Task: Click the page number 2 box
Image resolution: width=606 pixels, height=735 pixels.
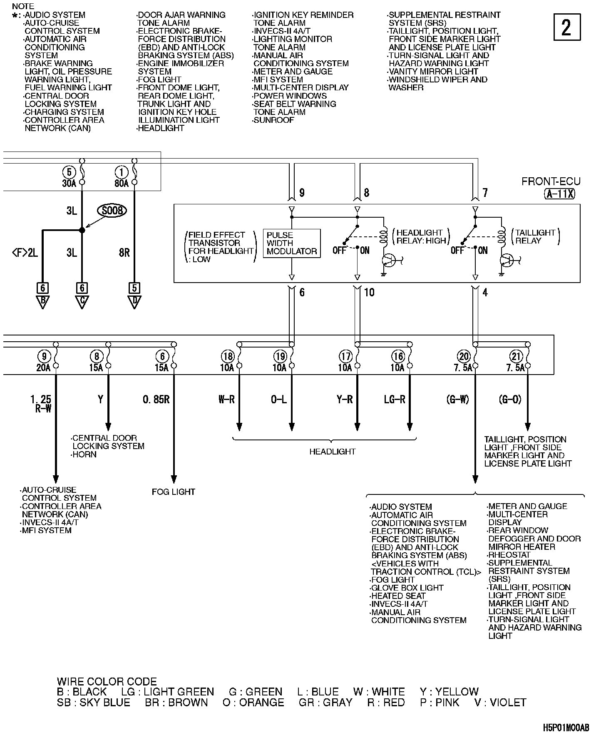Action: pos(566,27)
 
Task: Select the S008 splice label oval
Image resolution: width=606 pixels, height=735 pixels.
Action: pos(112,211)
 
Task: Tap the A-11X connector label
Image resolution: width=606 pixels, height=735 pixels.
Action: pos(559,194)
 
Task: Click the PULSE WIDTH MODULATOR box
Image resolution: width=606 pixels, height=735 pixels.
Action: pos(292,243)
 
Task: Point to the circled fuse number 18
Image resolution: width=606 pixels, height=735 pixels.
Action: pos(228,356)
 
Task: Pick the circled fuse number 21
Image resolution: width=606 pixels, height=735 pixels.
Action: pos(516,356)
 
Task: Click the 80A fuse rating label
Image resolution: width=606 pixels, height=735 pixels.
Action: pos(121,183)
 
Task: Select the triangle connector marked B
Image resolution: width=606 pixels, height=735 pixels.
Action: pos(42,301)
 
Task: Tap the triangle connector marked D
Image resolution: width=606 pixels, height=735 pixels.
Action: pos(134,301)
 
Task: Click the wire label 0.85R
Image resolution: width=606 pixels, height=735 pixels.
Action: pos(156,400)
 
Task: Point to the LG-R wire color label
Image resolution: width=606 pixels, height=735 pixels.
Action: pos(394,400)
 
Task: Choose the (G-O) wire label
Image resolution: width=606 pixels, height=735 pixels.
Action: pos(509,400)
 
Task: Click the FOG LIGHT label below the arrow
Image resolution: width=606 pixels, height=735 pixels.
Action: pos(173,492)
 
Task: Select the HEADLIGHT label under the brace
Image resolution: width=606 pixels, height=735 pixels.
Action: pos(332,452)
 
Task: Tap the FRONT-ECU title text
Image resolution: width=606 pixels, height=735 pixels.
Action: pos(551,181)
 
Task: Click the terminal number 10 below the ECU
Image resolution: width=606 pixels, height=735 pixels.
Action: pos(369,293)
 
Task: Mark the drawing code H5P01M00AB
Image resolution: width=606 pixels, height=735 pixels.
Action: pos(566,728)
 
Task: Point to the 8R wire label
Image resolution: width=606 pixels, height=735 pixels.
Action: pos(124,252)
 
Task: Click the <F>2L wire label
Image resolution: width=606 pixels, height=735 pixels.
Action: pos(25,252)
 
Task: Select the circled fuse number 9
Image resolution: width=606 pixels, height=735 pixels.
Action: pos(44,356)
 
